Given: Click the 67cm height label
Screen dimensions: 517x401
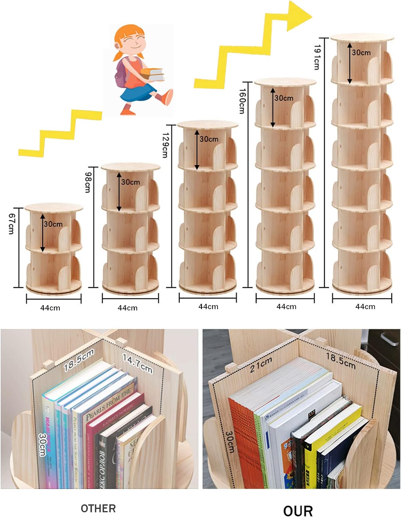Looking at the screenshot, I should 11,224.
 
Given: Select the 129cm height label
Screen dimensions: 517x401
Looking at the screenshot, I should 165,145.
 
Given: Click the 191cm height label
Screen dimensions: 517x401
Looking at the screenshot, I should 317,57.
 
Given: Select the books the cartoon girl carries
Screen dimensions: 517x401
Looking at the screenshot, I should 152,74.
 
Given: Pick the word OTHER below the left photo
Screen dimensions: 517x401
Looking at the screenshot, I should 98,508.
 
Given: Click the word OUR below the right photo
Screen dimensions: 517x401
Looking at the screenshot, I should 298,510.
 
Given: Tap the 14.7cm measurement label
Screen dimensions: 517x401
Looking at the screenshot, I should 138,364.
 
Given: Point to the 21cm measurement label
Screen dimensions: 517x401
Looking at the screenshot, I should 261,365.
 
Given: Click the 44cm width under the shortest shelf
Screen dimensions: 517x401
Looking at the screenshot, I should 50,308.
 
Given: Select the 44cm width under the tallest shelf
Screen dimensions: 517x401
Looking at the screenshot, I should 365,306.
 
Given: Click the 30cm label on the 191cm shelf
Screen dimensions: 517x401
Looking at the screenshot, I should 361,53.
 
